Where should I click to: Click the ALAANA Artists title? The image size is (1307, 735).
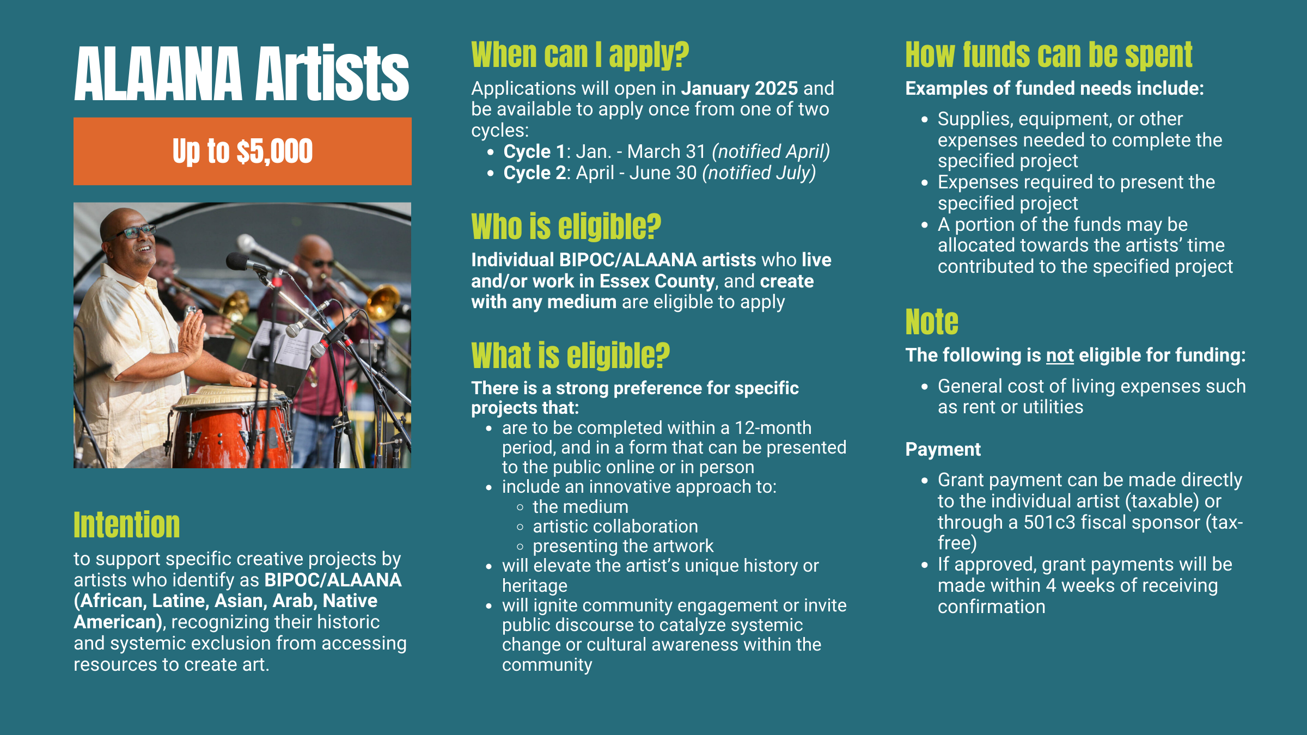coord(242,73)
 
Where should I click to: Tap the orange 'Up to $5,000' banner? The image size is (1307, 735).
coord(242,151)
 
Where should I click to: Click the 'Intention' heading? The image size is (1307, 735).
coord(127,525)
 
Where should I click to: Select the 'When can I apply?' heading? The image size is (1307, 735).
coord(580,55)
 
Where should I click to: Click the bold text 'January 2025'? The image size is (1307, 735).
coord(740,88)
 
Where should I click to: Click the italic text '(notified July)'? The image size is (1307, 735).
coord(759,173)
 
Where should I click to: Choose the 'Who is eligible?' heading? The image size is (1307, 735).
coord(566,226)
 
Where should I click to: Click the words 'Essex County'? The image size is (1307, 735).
coord(657,281)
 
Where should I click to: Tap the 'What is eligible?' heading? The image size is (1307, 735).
coord(571,356)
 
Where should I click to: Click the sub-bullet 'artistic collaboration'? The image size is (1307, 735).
coord(615,526)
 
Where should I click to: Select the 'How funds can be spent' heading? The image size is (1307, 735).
coord(1049,55)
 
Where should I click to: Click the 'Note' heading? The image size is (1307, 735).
coord(932,322)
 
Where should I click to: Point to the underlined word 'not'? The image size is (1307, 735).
coord(1060,356)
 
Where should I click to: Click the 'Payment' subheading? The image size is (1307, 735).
coord(943,449)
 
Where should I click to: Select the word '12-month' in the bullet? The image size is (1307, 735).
coord(773,428)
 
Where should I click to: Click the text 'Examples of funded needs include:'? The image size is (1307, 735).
coord(1054,88)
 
